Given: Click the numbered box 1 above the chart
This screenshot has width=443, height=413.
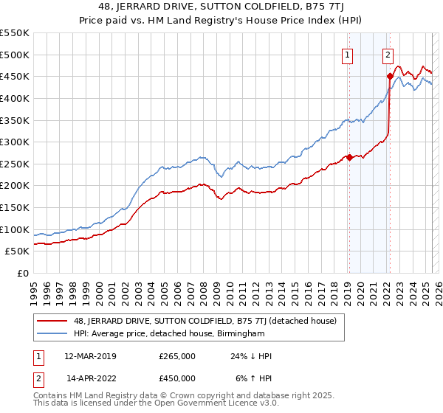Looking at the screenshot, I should coord(347,53).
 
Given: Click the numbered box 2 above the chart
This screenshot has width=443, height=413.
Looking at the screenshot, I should coord(388,53).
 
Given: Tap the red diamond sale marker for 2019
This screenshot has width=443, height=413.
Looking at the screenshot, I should coord(349,156).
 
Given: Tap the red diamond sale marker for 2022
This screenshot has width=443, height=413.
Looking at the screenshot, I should coord(389,76).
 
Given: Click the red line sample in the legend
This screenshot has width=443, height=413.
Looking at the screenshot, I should coord(53,321).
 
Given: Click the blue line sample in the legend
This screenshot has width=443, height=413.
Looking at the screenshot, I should coord(53,334).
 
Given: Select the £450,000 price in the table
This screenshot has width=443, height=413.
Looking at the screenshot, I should coord(177,378).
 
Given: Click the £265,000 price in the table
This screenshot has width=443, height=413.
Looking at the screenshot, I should coord(177,356).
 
